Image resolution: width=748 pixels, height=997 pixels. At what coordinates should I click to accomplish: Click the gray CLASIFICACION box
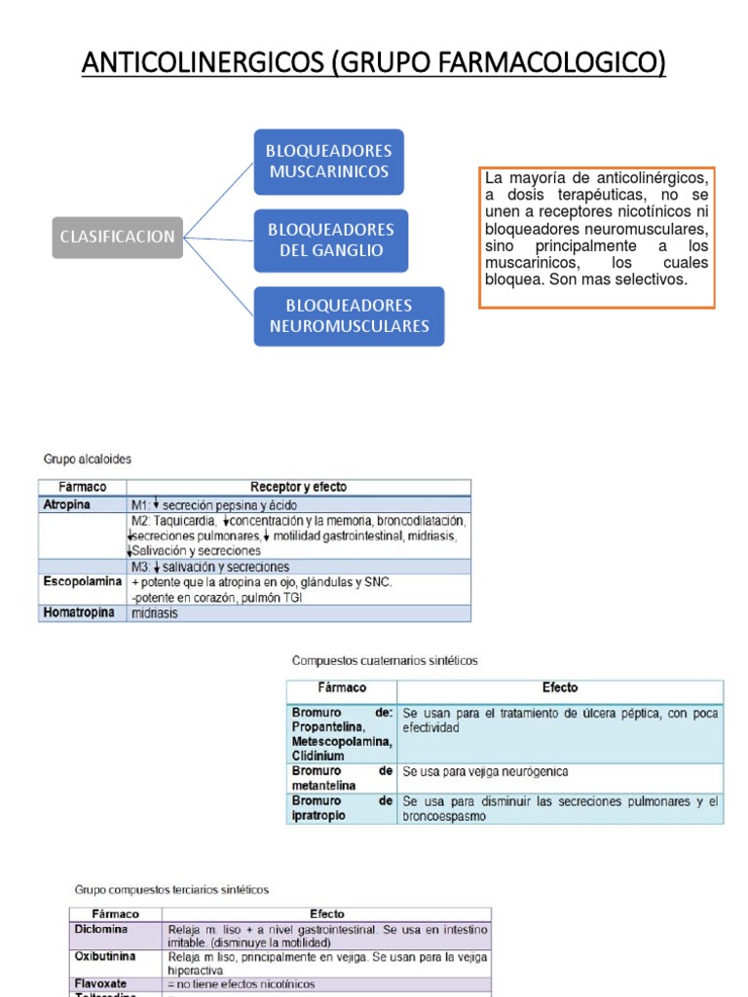tap(118, 237)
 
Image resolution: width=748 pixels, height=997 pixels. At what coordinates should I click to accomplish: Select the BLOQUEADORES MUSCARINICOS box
tap(328, 162)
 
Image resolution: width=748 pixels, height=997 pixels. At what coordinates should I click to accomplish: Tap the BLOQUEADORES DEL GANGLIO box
tap(330, 240)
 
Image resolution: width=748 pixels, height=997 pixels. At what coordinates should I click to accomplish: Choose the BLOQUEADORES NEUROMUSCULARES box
tap(349, 315)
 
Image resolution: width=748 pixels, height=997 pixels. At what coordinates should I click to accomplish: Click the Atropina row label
tap(66, 505)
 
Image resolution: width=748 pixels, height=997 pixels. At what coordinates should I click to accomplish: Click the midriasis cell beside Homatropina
tap(155, 614)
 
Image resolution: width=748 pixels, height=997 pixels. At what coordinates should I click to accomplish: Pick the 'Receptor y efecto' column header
tap(298, 487)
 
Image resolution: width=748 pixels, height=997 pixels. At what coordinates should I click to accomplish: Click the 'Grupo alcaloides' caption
tap(87, 459)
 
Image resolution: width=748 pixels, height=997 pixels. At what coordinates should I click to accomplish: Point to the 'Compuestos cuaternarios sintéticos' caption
tap(386, 660)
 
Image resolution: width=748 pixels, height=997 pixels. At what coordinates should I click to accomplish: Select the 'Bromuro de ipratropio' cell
tap(341, 808)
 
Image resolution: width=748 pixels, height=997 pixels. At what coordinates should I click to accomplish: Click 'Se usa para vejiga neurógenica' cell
tap(485, 772)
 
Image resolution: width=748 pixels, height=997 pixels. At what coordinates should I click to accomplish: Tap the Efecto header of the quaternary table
tap(560, 687)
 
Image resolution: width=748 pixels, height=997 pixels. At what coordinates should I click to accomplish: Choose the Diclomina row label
tap(102, 929)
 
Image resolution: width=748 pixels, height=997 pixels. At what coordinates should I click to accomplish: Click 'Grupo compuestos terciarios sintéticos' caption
tap(171, 889)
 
